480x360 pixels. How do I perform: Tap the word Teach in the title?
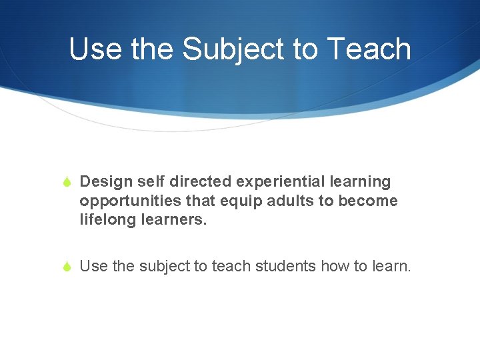375,49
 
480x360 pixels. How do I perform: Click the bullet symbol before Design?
68,182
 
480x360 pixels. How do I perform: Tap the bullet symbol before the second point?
68,267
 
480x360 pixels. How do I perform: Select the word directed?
195,181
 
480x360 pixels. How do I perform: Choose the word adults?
273,201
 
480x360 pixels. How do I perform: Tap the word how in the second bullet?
335,267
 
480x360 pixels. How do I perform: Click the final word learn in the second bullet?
391,267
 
